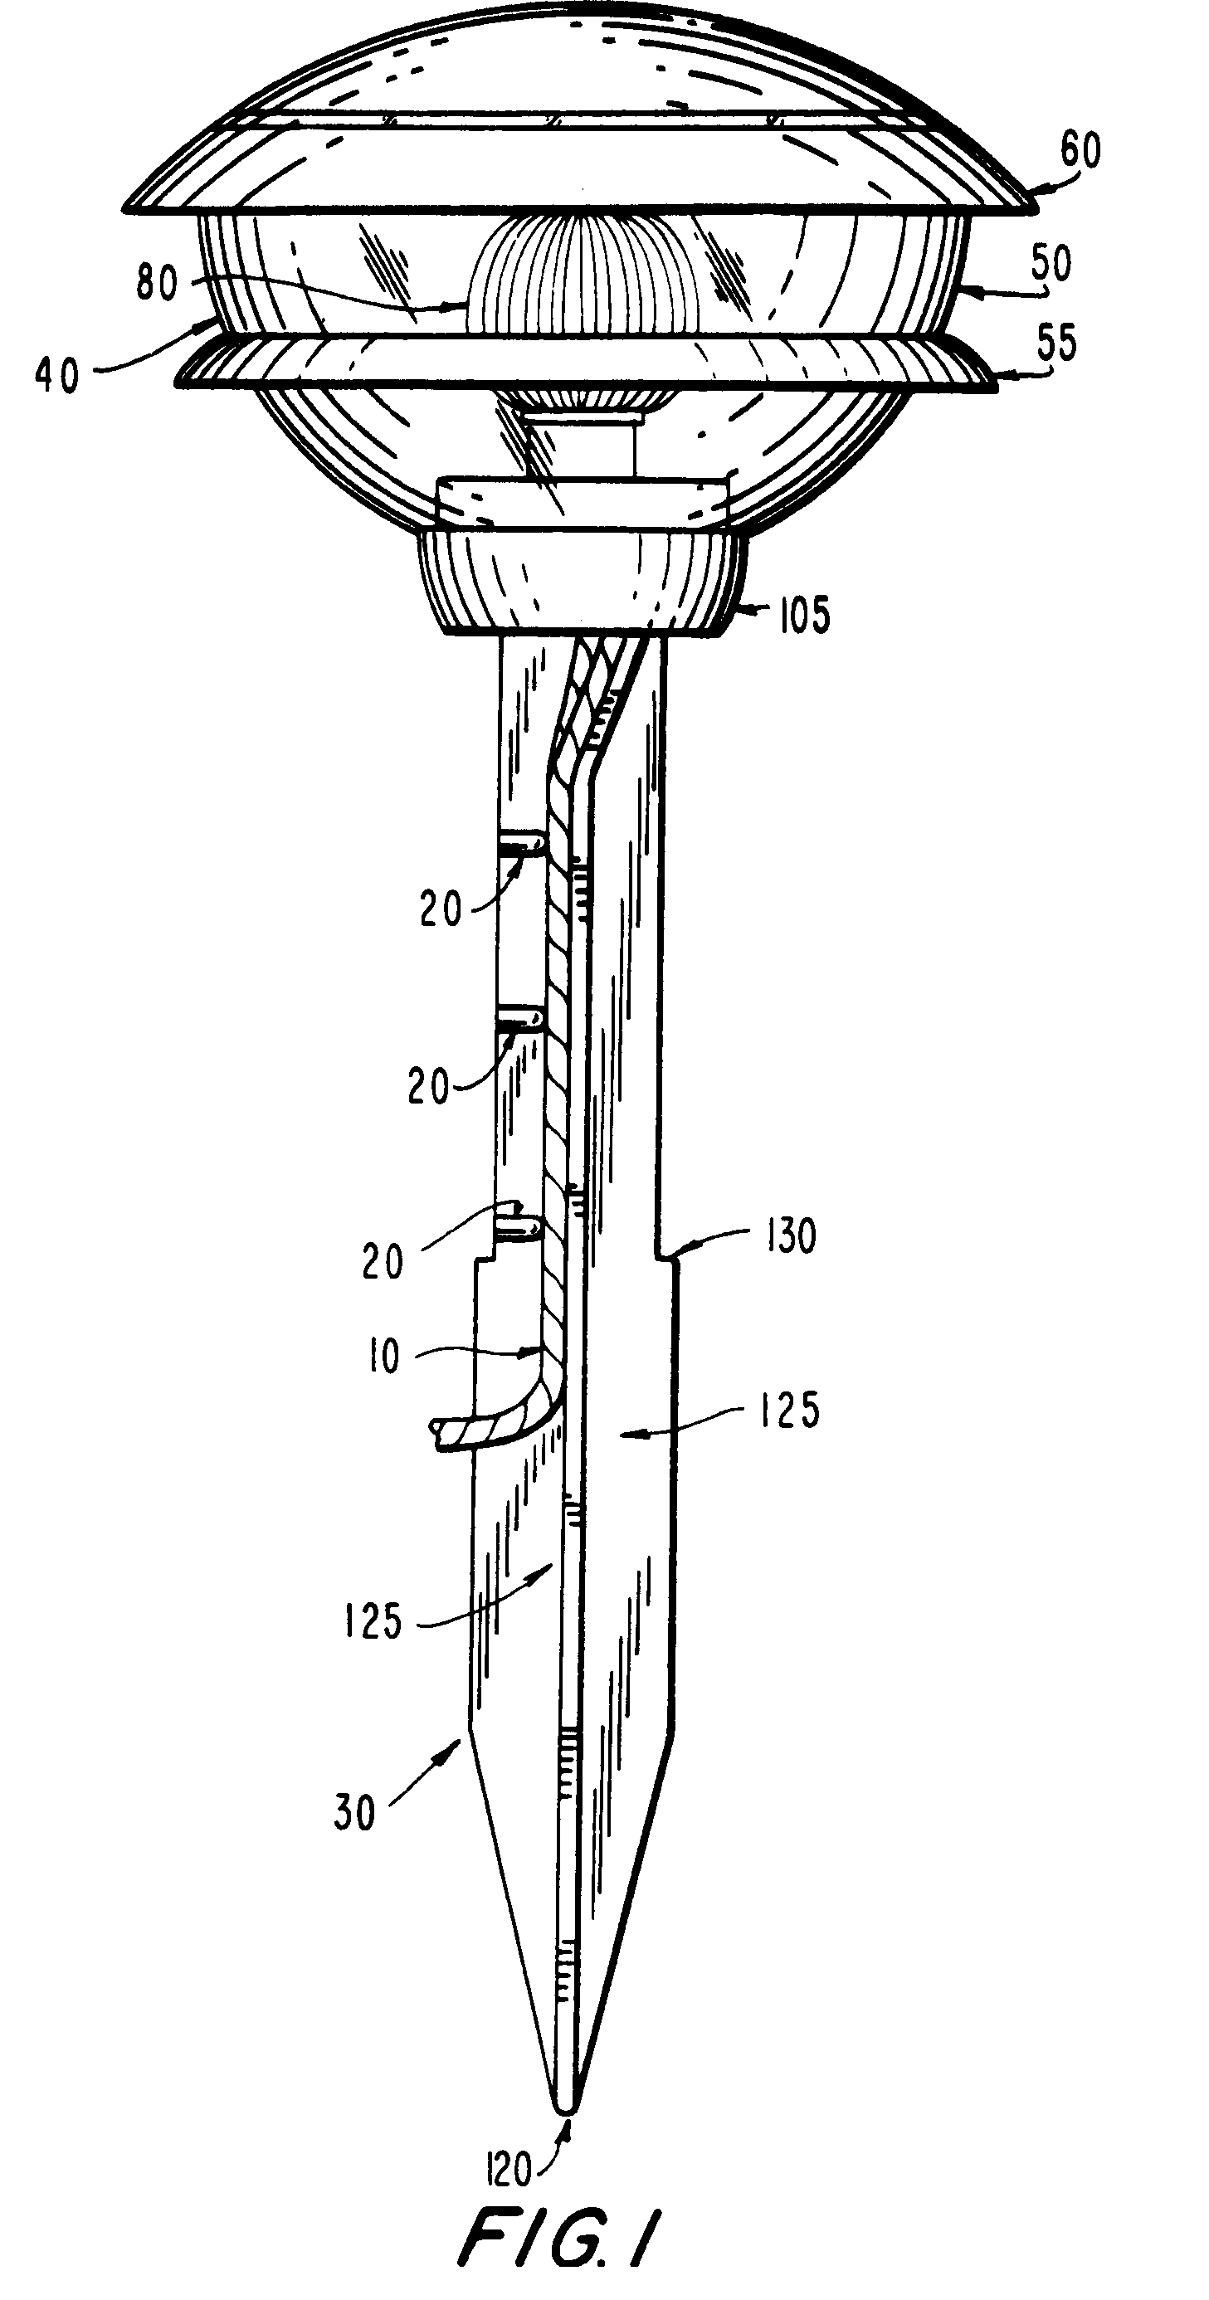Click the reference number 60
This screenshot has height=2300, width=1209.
click(x=1080, y=150)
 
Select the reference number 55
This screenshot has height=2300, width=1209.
click(x=1056, y=342)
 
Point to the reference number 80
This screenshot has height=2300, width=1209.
click(x=157, y=283)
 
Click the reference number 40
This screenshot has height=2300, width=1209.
click(x=58, y=375)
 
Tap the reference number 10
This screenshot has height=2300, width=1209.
click(x=383, y=1357)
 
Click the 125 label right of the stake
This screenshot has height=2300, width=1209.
click(x=789, y=1410)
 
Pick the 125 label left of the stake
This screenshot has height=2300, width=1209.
click(x=373, y=1620)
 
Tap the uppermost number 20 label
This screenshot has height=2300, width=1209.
click(x=441, y=910)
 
